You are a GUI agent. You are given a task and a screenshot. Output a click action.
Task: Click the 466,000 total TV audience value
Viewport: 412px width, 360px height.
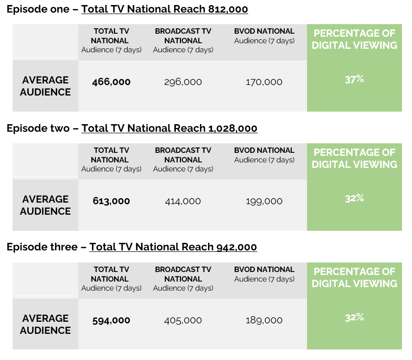(111, 82)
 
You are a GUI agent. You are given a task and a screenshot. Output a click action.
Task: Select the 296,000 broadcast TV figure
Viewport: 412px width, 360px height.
(183, 82)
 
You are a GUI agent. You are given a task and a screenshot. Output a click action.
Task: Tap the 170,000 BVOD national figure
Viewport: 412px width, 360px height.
(264, 82)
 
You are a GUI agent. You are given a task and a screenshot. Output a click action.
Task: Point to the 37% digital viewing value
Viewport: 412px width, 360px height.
(354, 79)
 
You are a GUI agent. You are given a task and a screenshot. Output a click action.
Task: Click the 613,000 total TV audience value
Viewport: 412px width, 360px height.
(111, 201)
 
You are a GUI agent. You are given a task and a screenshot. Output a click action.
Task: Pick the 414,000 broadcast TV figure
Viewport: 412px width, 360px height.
(183, 201)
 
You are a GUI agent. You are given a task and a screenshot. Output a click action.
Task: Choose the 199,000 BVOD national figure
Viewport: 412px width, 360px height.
(264, 201)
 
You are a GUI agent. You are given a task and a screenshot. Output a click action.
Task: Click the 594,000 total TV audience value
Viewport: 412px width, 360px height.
(111, 320)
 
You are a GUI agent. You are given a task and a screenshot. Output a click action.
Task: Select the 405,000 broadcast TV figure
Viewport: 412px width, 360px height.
(183, 320)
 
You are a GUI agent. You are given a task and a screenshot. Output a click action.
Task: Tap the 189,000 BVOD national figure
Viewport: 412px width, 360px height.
(264, 320)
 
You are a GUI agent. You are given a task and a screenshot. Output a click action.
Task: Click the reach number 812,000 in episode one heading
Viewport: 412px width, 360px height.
(227, 9)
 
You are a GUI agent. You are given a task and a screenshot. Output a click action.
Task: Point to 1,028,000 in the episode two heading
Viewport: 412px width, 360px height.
(232, 128)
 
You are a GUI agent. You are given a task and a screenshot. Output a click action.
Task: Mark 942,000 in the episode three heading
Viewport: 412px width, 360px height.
(236, 247)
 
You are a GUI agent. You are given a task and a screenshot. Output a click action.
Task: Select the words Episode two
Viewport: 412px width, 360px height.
(38, 128)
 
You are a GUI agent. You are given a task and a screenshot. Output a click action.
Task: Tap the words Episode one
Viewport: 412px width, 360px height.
(38, 9)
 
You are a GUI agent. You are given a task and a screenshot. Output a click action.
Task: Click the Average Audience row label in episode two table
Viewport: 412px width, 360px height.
(45, 205)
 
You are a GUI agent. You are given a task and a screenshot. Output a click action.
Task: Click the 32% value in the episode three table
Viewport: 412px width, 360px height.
(354, 317)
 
